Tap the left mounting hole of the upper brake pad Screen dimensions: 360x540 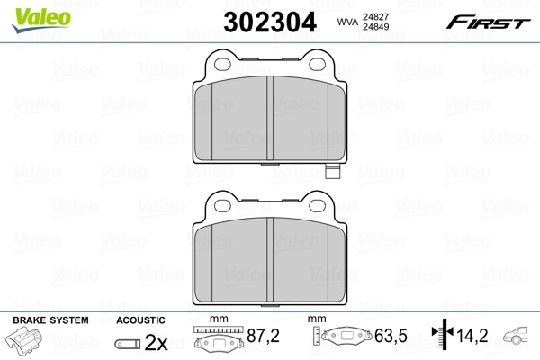point(219,63)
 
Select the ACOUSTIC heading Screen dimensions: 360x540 point(141,319)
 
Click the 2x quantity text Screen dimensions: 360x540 point(157,342)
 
